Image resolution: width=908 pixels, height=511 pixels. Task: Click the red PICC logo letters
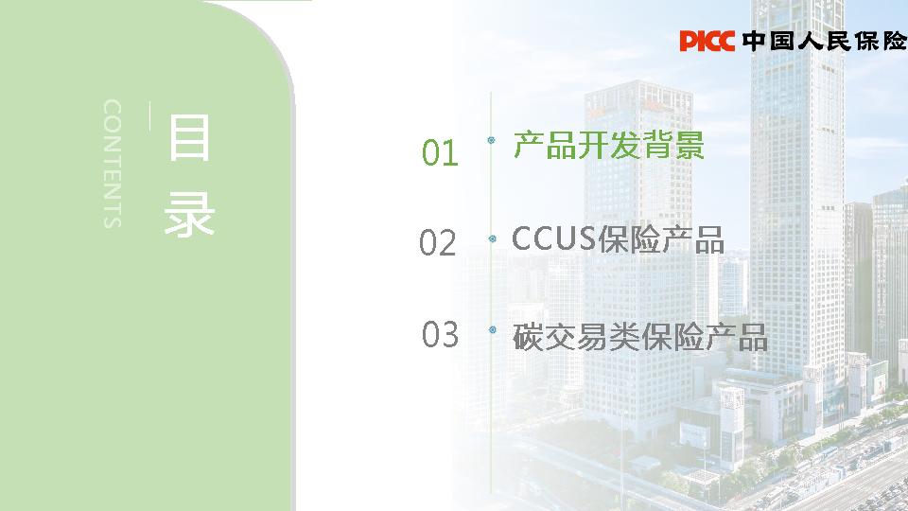pyautogui.click(x=707, y=41)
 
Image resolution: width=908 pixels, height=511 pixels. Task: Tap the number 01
pyautogui.click(x=440, y=152)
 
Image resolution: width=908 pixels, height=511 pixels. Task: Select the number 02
pyautogui.click(x=438, y=244)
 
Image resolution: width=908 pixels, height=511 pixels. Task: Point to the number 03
pyautogui.click(x=440, y=334)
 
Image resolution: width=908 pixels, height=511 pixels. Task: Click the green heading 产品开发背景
pyautogui.click(x=608, y=145)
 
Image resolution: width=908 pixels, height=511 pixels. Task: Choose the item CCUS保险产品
pyautogui.click(x=618, y=239)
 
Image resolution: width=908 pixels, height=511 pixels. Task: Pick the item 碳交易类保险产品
pyautogui.click(x=639, y=336)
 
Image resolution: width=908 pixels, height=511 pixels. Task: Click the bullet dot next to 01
pyautogui.click(x=491, y=141)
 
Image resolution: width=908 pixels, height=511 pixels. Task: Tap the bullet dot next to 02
pyautogui.click(x=491, y=238)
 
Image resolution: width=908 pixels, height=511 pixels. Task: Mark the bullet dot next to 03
pyautogui.click(x=491, y=329)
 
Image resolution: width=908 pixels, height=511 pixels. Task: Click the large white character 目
pyautogui.click(x=189, y=138)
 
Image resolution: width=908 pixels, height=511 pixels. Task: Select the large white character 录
pyautogui.click(x=189, y=215)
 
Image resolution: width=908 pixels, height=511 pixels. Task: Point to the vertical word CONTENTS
pyautogui.click(x=112, y=163)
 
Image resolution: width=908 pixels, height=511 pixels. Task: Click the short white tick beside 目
pyautogui.click(x=150, y=116)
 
